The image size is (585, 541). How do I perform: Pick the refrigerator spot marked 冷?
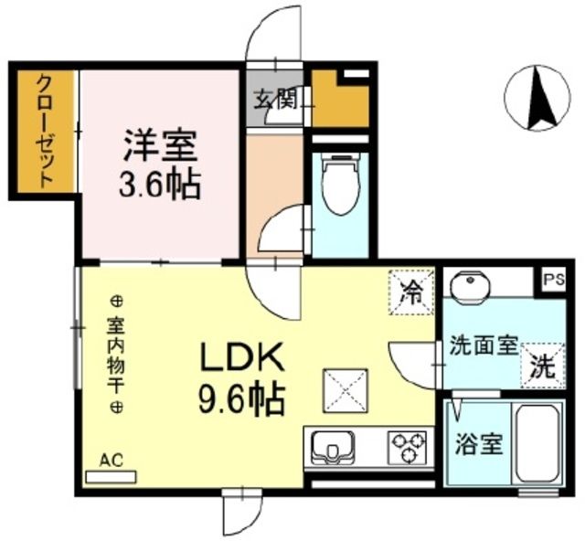click(411, 292)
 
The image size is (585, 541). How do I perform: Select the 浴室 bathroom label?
click(478, 445)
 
